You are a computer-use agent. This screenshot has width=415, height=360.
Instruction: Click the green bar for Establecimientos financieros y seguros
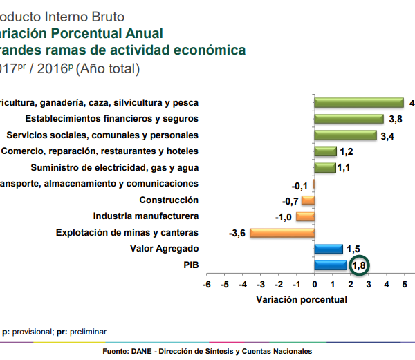click(x=349, y=119)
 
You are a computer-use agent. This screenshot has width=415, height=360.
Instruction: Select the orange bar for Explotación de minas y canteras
click(x=282, y=233)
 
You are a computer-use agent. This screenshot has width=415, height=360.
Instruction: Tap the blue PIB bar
click(x=330, y=265)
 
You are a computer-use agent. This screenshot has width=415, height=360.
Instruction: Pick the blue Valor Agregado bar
click(x=328, y=249)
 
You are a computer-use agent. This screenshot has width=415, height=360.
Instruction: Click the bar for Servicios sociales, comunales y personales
click(x=345, y=135)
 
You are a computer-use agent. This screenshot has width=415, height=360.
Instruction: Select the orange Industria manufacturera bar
click(x=305, y=216)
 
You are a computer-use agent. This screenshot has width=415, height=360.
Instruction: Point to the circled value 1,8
click(x=359, y=266)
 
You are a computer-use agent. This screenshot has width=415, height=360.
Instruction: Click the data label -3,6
click(x=237, y=233)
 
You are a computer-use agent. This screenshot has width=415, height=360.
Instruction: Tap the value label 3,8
click(x=396, y=119)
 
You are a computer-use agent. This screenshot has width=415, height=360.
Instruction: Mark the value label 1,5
click(x=353, y=249)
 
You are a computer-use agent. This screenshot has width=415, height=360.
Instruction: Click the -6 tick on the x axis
click(x=205, y=284)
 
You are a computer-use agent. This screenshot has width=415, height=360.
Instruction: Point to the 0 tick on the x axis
click(x=314, y=284)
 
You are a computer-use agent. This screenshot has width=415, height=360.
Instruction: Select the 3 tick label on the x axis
click(x=369, y=284)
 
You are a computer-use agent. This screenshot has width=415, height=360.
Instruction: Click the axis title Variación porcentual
click(x=302, y=299)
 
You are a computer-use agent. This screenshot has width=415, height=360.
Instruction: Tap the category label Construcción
click(x=169, y=200)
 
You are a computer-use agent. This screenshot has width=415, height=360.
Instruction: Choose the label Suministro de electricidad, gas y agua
click(x=115, y=167)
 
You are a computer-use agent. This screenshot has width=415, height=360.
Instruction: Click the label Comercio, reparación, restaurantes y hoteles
click(x=100, y=151)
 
